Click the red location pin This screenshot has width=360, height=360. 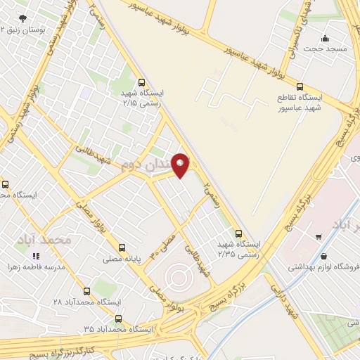(x=181, y=165)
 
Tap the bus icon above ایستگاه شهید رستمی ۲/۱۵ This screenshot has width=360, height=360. (x=142, y=82)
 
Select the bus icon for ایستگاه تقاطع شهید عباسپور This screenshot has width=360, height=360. (x=300, y=87)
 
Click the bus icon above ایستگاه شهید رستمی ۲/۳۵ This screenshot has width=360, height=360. (x=239, y=233)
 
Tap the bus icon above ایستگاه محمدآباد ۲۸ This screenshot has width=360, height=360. (x=87, y=291)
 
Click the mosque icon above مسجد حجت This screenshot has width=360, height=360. (x=325, y=38)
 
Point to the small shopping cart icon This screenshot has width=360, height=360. (x=319, y=237)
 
